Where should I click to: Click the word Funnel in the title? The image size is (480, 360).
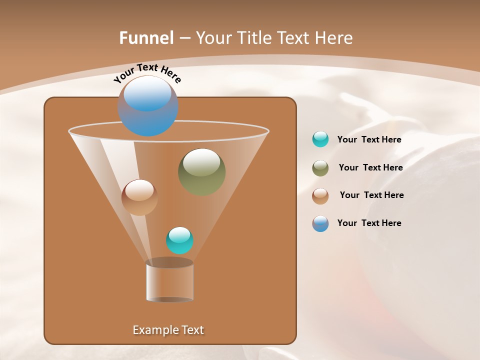(x=146, y=37)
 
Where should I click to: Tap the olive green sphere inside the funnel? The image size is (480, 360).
(x=201, y=172)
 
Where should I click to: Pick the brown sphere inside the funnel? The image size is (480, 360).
(x=139, y=197)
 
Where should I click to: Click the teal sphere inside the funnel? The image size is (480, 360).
(x=179, y=240)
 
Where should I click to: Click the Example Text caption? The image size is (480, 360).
(x=168, y=330)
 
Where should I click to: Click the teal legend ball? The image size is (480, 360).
(x=320, y=139)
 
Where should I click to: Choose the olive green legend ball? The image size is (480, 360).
(x=320, y=168)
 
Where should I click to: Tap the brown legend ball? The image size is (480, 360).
(x=320, y=195)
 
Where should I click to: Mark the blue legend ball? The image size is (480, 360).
(x=320, y=223)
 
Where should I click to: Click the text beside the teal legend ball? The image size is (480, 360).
(x=369, y=140)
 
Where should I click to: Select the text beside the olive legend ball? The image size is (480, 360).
(x=370, y=168)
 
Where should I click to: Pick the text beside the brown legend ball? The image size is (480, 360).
(x=371, y=195)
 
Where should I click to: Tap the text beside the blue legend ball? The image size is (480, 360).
(x=369, y=223)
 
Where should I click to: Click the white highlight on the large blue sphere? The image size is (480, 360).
(x=147, y=92)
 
